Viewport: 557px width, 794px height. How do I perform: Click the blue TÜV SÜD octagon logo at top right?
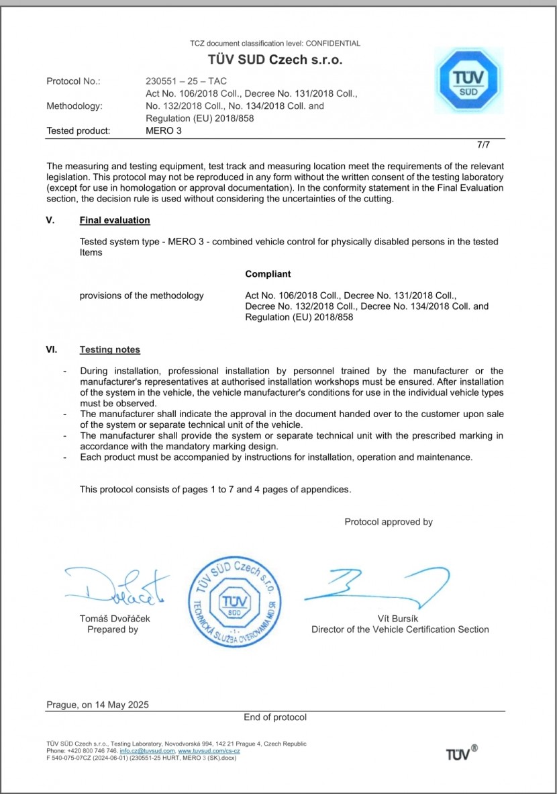point(468,81)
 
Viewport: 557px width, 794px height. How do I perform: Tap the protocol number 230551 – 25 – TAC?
point(186,81)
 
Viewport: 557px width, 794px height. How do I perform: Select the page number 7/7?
point(483,144)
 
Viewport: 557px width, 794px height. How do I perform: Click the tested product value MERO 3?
point(163,131)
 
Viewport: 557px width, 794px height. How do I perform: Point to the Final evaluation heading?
point(115,220)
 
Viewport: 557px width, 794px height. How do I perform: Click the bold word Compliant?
point(268,274)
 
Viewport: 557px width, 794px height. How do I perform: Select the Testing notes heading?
point(110,349)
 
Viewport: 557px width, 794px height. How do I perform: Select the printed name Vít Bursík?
point(400,619)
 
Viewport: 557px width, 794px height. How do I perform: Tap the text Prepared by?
point(113,629)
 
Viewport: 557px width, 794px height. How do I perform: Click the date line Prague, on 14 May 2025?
point(98,705)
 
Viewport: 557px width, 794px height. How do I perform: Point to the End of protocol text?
point(275,717)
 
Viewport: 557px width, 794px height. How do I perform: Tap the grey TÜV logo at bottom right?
point(462,753)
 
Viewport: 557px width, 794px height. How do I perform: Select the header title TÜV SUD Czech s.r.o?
point(274,60)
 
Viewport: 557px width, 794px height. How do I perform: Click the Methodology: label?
point(74,106)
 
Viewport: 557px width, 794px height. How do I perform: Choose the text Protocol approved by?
point(389,521)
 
